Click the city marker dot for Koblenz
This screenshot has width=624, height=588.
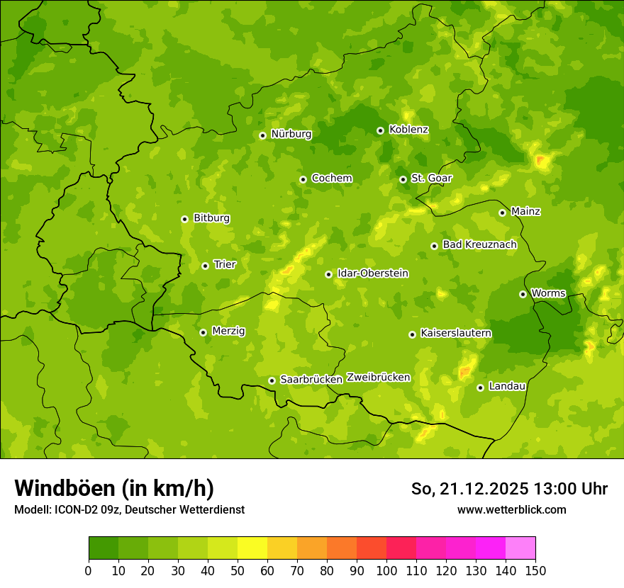pyautogui.click(x=380, y=130)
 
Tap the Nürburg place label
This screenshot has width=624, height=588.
pyautogui.click(x=291, y=134)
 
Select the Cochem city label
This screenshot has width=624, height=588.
pyautogui.click(x=331, y=178)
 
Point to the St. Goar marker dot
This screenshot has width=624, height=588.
pyautogui.click(x=403, y=179)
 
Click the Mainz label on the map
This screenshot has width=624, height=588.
pyautogui.click(x=525, y=211)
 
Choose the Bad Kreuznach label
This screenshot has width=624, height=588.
pyautogui.click(x=479, y=244)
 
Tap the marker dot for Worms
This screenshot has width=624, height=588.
pyautogui.click(x=523, y=294)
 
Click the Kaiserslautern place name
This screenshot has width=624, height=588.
pyautogui.click(x=456, y=333)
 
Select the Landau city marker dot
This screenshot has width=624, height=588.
pyautogui.click(x=480, y=388)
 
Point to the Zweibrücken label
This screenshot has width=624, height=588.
pyautogui.click(x=378, y=378)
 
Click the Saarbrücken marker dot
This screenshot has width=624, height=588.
pyautogui.click(x=272, y=380)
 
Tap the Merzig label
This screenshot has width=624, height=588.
pyautogui.click(x=228, y=331)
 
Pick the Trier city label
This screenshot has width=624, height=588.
pyautogui.click(x=225, y=264)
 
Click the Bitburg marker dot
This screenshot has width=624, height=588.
pyautogui.click(x=184, y=219)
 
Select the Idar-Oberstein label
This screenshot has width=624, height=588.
pyautogui.click(x=372, y=273)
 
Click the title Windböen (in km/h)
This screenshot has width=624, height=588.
pyautogui.click(x=113, y=488)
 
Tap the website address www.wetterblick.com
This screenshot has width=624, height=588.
pyautogui.click(x=511, y=509)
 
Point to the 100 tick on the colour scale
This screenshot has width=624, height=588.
pyautogui.click(x=386, y=570)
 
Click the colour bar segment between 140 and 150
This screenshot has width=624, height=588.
pyautogui.click(x=520, y=548)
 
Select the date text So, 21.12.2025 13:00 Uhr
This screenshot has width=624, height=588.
pyautogui.click(x=509, y=489)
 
